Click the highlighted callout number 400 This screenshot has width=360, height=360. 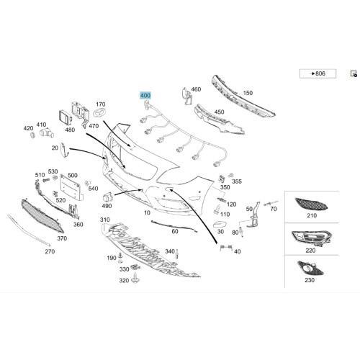pos(145,96)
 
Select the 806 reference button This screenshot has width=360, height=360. pos(318,73)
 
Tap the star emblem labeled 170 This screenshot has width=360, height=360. pos(98,113)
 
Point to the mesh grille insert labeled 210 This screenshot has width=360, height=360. pos(311,204)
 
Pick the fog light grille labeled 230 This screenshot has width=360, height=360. pos(310,268)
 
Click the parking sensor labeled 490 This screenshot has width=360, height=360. pos(107,197)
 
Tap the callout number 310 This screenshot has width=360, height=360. pos(105,220)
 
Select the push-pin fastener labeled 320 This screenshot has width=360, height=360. pos(135,278)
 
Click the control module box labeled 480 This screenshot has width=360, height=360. pos(66,118)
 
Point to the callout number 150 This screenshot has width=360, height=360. pos(248,93)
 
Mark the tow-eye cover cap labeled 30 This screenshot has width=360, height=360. pos(220,225)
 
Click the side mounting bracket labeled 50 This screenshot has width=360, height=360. pos(253,215)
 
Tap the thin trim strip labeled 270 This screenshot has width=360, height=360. pos(29,230)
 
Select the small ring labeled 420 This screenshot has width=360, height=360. pos(32,135)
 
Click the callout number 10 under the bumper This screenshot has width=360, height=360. pos(147,212)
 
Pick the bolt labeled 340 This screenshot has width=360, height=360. pos(177,253)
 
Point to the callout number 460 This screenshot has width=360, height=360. pos(196,89)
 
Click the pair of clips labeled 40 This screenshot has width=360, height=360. pos(226,248)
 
